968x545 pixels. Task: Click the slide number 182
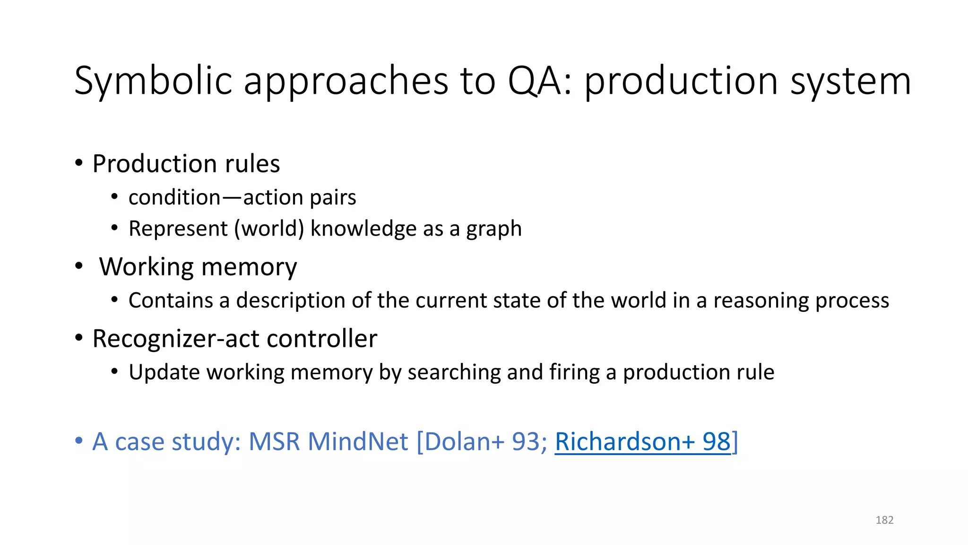[x=884, y=520]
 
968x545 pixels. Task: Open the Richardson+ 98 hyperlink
[x=643, y=441]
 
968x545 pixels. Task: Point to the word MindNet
[x=358, y=441]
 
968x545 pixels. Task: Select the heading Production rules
[x=186, y=164]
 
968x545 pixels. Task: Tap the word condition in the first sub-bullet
[x=174, y=197]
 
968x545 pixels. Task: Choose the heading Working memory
[x=198, y=267]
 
